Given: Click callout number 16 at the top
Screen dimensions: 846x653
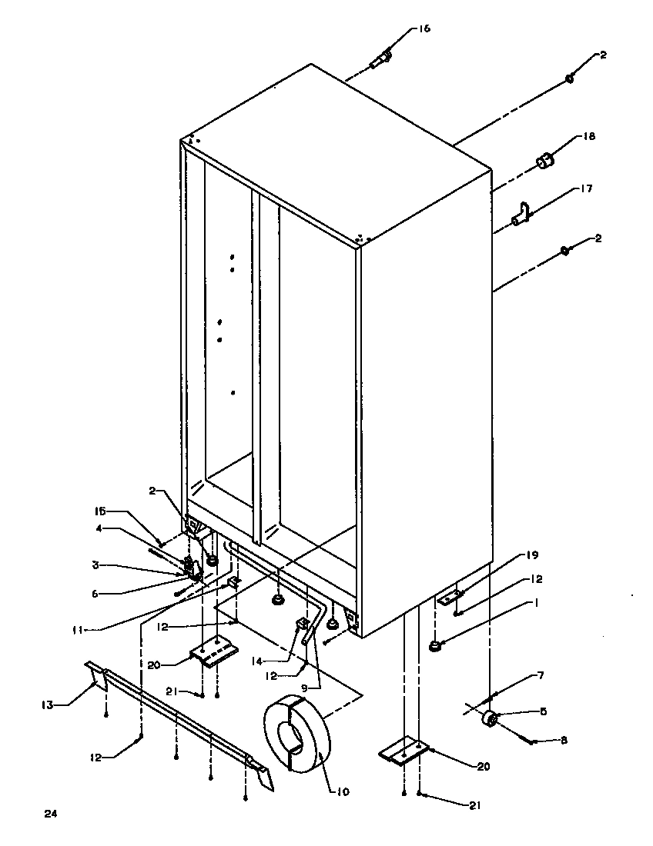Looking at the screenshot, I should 425,28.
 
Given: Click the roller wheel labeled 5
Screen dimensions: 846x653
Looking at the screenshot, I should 488,721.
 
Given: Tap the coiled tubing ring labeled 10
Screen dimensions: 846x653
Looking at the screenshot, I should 296,737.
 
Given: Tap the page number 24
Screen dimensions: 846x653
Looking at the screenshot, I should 51,812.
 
